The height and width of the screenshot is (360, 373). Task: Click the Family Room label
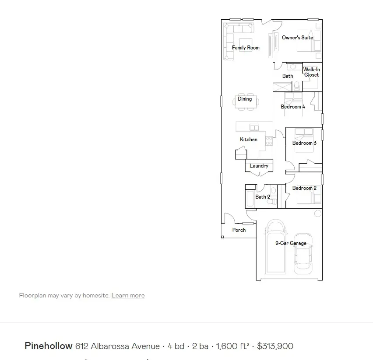[x=246, y=48]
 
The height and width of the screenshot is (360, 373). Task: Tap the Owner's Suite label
[x=297, y=38]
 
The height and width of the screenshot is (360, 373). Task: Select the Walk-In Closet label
[x=311, y=72]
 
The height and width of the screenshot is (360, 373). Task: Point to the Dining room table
[x=245, y=101]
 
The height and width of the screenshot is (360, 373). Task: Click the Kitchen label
[x=249, y=140]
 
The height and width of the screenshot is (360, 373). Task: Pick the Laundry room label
[x=259, y=166]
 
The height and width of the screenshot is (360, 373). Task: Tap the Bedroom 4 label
[x=293, y=107]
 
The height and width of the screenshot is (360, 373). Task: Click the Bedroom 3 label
[x=304, y=143]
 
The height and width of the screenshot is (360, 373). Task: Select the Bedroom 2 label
[x=304, y=188]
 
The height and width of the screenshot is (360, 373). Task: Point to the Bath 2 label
[x=263, y=197]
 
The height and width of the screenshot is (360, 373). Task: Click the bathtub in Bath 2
[x=250, y=199]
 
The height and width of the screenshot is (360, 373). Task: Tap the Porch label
[x=239, y=230]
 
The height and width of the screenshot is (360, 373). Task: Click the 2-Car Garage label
[x=291, y=243]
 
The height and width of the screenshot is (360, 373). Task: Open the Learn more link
[x=128, y=296]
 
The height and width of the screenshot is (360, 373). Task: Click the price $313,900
[x=275, y=346]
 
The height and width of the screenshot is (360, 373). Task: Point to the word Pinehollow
[x=48, y=346]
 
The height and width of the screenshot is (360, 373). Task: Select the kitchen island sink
[x=254, y=127]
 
